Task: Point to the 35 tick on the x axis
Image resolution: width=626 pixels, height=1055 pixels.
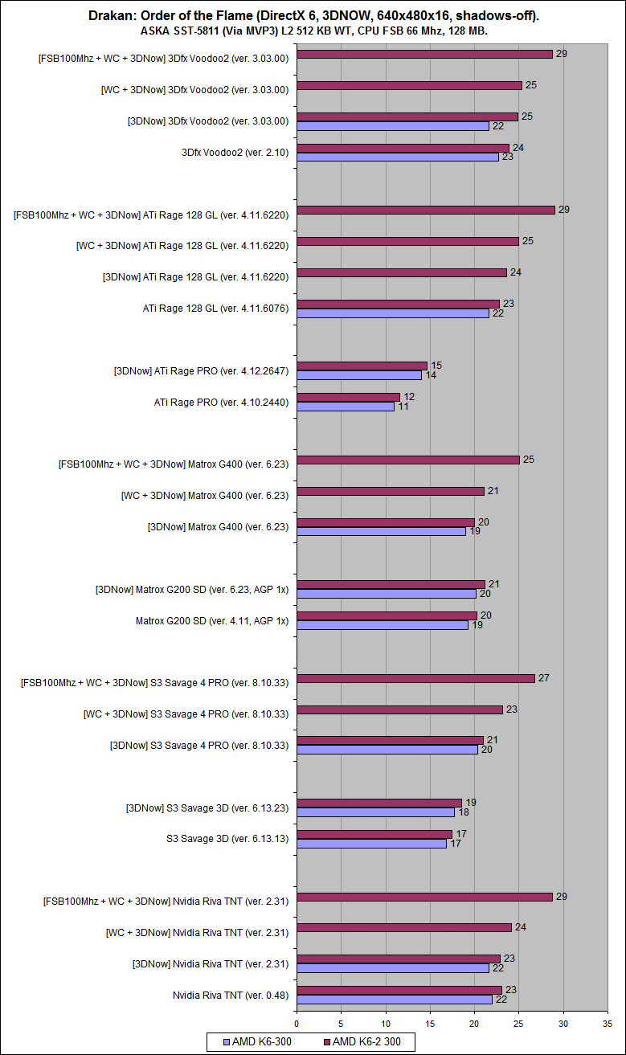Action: pyautogui.click(x=608, y=1024)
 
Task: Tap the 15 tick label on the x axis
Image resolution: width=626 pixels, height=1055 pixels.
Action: pyautogui.click(x=430, y=1024)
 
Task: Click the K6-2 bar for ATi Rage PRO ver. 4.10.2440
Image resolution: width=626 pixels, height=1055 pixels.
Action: pyautogui.click(x=348, y=397)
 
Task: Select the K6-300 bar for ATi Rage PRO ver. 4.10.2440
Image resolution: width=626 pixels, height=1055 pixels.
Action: pyautogui.click(x=346, y=407)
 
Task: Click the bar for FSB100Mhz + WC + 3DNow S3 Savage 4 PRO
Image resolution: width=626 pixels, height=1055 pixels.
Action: pyautogui.click(x=415, y=678)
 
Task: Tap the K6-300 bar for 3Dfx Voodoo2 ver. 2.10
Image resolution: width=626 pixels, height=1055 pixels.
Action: pyautogui.click(x=398, y=157)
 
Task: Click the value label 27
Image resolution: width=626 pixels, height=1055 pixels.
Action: pyautogui.click(x=543, y=678)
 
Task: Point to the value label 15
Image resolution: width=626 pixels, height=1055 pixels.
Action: pyautogui.click(x=436, y=366)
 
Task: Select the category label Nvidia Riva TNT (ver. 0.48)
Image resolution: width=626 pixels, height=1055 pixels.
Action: pyautogui.click(x=231, y=995)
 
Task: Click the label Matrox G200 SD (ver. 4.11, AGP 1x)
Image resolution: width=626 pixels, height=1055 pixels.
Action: pyautogui.click(x=212, y=620)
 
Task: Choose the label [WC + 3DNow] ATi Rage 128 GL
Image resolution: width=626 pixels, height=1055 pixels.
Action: pyautogui.click(x=182, y=242)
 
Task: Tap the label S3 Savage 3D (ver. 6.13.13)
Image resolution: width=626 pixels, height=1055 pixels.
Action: pyautogui.click(x=227, y=839)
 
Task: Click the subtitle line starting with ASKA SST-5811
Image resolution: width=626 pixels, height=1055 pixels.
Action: pyautogui.click(x=313, y=31)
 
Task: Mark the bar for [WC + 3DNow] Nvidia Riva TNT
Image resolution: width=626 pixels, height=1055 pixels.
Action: pyautogui.click(x=403, y=927)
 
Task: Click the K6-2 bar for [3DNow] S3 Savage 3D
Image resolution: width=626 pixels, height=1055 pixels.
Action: pyautogui.click(x=379, y=803)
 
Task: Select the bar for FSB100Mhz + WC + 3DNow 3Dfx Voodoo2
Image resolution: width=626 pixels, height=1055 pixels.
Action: pyautogui.click(x=424, y=55)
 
